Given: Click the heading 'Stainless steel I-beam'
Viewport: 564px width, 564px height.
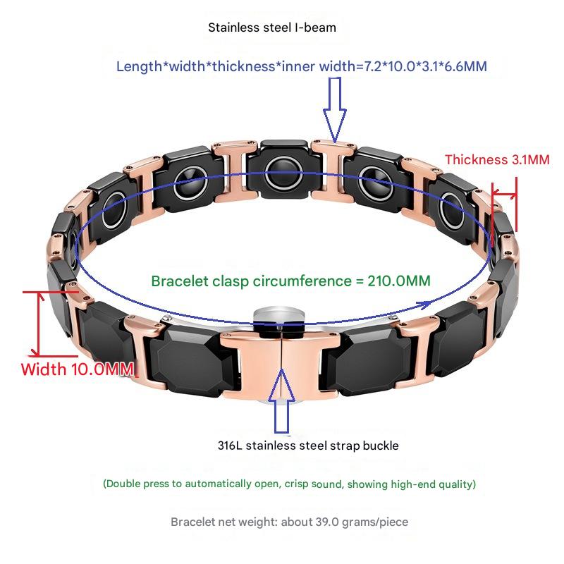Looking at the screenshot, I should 271,28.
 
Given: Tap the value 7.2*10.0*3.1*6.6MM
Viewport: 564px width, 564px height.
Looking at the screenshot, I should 422,67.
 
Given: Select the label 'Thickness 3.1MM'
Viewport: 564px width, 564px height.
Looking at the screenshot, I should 496,160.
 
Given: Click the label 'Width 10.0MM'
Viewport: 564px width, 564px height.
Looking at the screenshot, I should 77,369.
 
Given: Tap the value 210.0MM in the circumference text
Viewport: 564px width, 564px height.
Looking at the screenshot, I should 399,281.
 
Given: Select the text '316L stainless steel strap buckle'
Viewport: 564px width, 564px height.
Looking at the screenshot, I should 308,446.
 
